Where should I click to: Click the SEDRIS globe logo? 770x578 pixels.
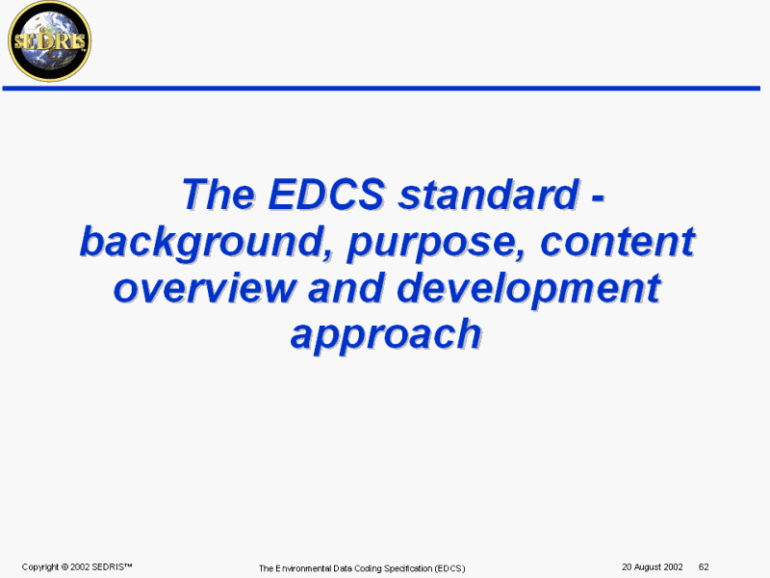tap(50, 41)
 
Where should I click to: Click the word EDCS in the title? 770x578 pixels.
tap(326, 194)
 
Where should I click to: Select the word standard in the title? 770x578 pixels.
tap(489, 194)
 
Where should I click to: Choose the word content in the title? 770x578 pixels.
tap(618, 241)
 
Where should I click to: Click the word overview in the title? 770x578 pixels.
tap(204, 288)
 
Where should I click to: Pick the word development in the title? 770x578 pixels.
tap(528, 289)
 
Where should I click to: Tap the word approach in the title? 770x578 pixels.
tap(386, 335)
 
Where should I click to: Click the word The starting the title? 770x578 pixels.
tap(218, 194)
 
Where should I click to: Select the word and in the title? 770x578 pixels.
tap(346, 287)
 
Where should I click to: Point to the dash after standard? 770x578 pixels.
tap(598, 197)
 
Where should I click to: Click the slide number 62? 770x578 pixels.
tap(704, 566)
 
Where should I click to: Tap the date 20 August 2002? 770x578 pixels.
tap(653, 566)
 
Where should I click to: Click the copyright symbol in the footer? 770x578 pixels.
tap(64, 566)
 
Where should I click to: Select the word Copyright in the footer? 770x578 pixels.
tap(40, 567)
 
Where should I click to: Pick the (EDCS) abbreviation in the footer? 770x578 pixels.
tap(449, 568)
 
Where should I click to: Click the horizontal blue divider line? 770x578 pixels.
tap(381, 89)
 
